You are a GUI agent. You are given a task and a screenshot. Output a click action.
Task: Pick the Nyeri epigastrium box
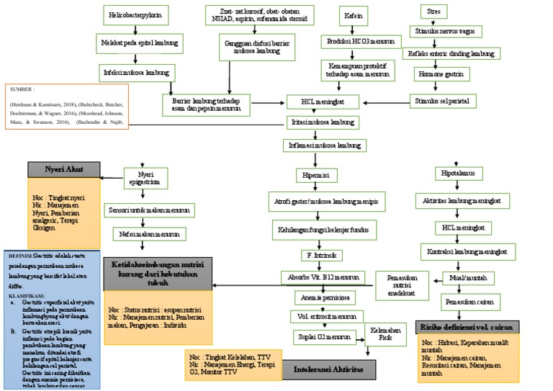(145, 177)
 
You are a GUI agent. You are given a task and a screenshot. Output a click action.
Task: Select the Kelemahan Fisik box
(385, 334)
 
